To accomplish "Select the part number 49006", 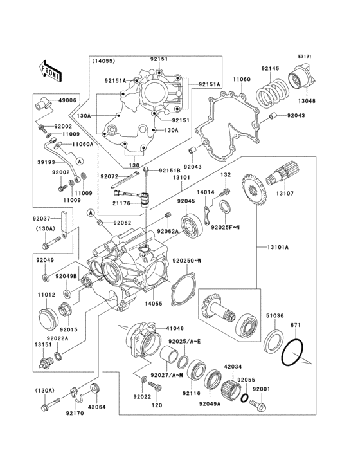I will [x=67, y=100].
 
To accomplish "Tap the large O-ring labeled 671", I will [x=294, y=352].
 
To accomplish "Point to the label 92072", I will [x=109, y=176].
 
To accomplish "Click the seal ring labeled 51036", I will [x=275, y=339].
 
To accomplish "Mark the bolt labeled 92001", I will [x=260, y=405].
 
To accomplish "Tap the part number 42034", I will [x=232, y=366].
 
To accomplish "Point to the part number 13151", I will [x=42, y=344].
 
